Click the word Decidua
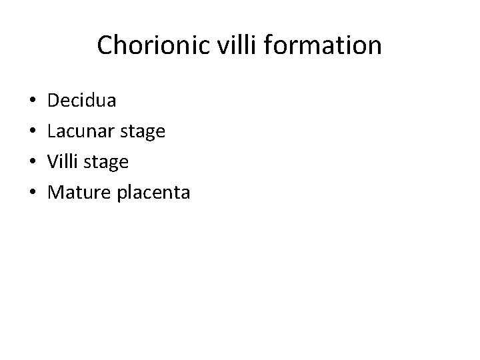tap(83, 101)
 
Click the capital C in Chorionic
tap(105, 46)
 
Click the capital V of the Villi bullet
tap(55, 162)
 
